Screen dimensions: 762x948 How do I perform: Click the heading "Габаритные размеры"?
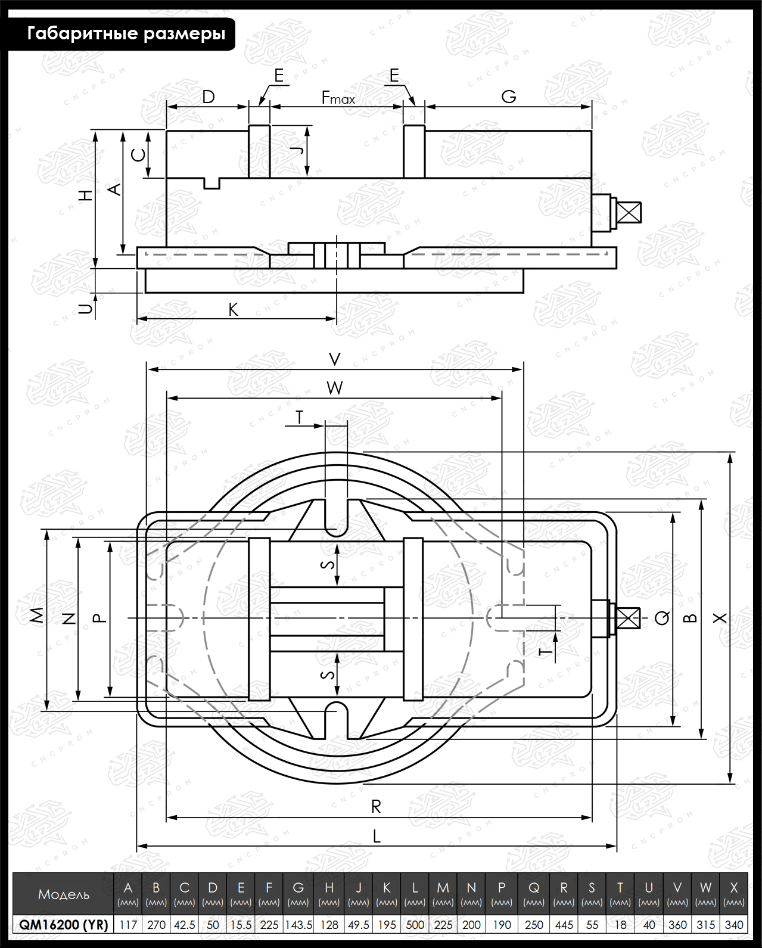126,34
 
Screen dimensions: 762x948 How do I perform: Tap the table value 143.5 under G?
298,924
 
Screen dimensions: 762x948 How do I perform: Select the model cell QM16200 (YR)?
63,924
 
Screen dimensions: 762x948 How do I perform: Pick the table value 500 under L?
415,924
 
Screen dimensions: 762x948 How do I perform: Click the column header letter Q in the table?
534,888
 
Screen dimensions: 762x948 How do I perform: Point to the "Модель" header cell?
63,894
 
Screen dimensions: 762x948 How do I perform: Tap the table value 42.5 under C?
184,924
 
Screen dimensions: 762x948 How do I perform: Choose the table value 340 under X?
734,924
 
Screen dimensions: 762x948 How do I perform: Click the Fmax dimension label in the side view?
338,97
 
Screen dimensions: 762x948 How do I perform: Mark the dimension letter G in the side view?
509,97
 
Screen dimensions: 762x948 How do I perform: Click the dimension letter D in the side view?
209,97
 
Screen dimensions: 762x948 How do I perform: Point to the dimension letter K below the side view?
233,310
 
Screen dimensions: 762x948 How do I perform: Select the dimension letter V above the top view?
335,359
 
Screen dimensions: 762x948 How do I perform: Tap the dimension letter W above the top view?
335,388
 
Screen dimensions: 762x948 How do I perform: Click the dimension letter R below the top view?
376,806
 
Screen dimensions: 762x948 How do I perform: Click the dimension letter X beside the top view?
720,618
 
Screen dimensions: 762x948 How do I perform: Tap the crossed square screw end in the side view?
629,212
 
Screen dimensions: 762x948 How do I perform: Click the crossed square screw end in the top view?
628,618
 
